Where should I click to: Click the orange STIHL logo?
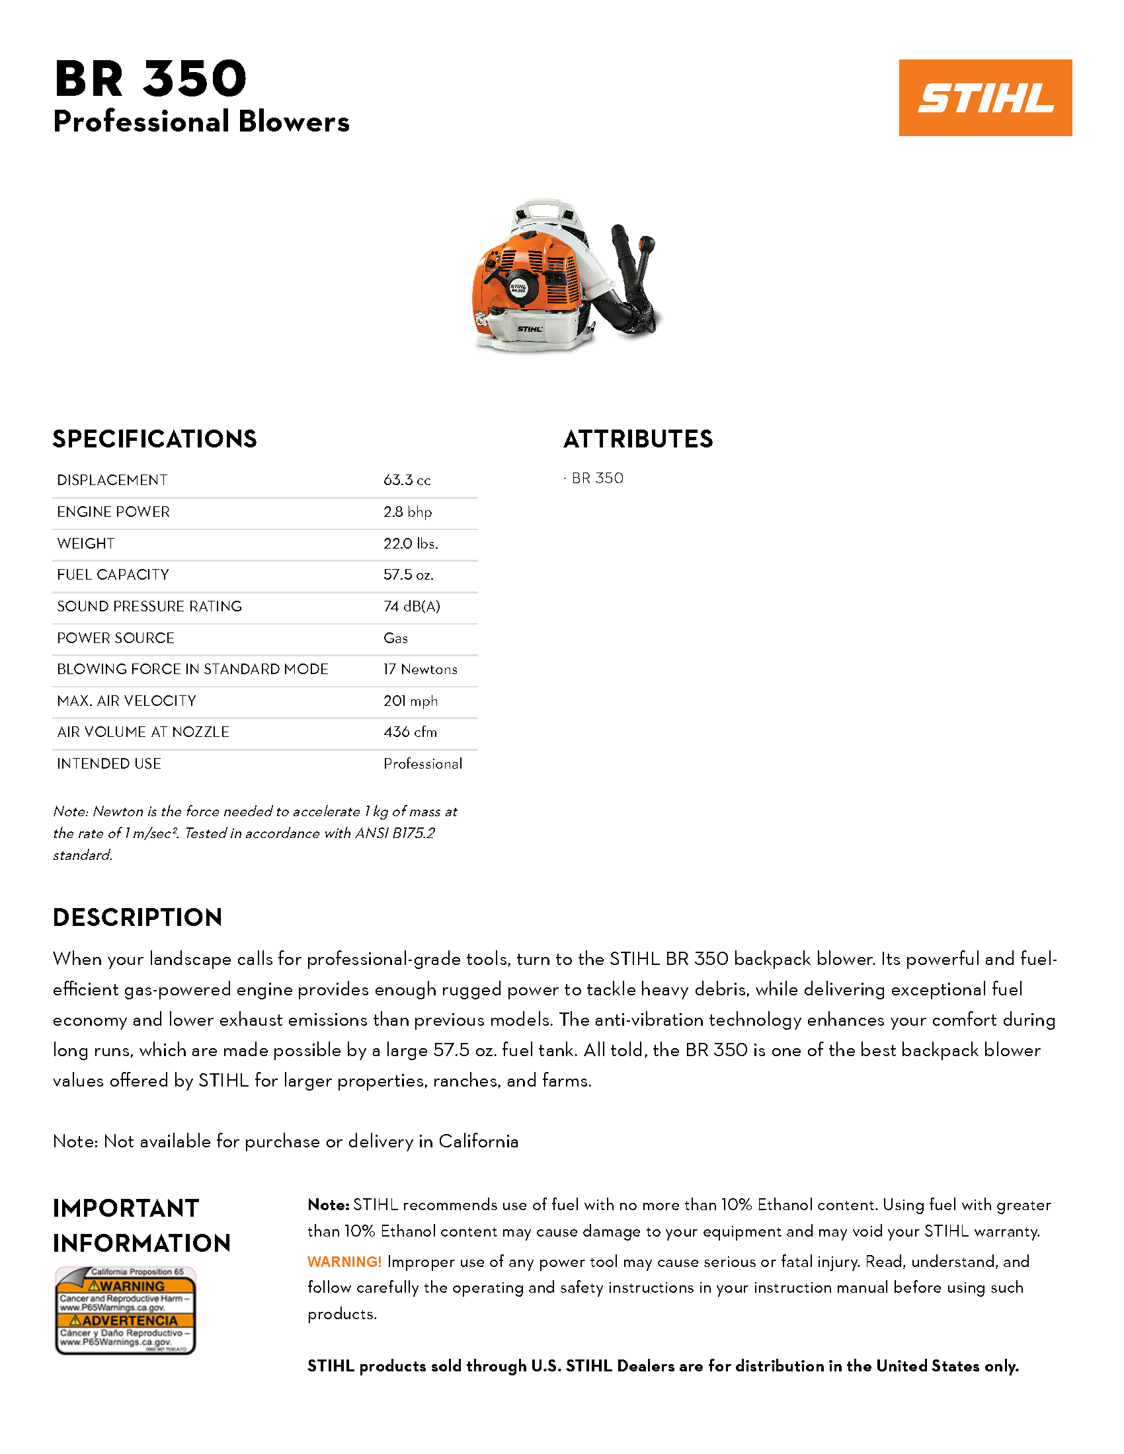coord(985,98)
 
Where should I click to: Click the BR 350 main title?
coord(151,79)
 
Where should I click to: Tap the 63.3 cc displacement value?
coord(407,480)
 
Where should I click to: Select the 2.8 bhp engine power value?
coord(407,512)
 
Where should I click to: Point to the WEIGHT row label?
coord(86,543)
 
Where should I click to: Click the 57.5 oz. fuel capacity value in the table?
coord(408,574)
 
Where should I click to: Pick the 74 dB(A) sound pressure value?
coord(411,607)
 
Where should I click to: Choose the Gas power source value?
coord(395,638)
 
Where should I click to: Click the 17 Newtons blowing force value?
coord(420,669)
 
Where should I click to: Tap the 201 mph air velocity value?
coord(410,701)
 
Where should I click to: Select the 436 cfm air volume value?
coord(410,732)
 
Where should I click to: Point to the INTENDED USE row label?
coord(109,763)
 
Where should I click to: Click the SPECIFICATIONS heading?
coord(155,440)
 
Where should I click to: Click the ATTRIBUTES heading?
coord(638,440)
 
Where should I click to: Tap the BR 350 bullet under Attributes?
coord(597,478)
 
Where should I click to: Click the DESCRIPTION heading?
coord(137,917)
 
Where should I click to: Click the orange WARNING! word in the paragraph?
coord(344,1262)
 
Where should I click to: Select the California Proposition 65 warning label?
coord(125,1310)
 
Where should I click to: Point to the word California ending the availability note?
coord(478,1141)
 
